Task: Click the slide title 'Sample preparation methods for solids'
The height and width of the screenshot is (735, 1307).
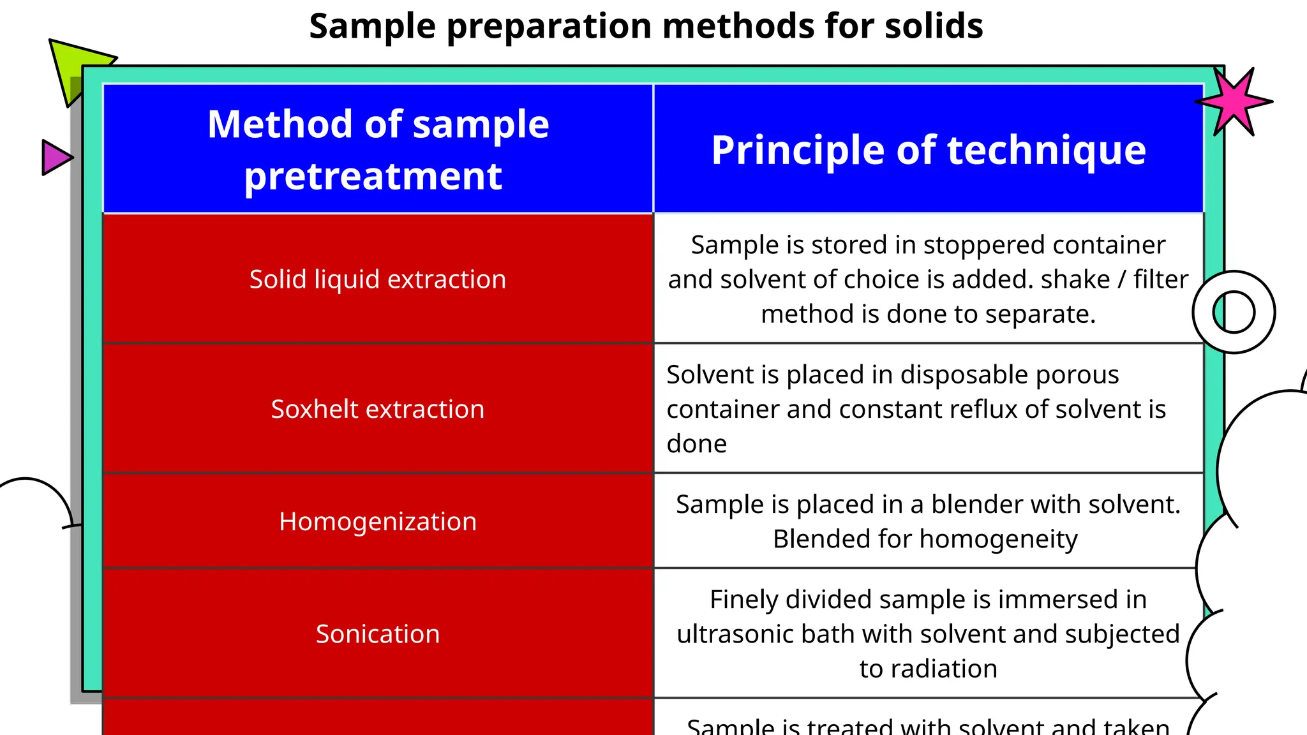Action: pos(645,27)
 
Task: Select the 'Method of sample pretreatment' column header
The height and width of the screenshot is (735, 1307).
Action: pos(378,149)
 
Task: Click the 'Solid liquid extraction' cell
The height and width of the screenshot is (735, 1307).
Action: pos(378,279)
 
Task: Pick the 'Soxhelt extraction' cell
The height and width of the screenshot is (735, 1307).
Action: pos(378,409)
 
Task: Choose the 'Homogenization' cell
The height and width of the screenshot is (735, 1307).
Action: pos(378,521)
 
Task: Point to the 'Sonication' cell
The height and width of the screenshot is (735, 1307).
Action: pos(378,634)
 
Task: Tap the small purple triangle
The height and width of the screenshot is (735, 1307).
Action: pos(55,158)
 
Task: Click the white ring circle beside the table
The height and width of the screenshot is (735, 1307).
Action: pos(1234,312)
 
